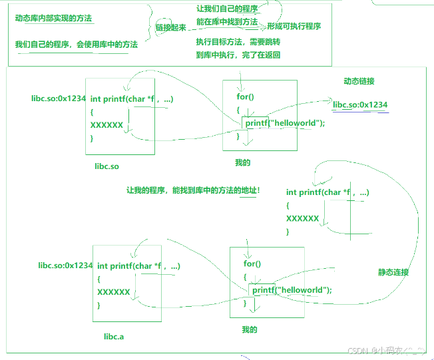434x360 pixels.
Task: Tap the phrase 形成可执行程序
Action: click(294, 26)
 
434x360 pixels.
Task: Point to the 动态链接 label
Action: click(359, 81)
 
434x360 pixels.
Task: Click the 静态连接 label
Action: click(393, 272)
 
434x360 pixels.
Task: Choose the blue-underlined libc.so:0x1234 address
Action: click(360, 104)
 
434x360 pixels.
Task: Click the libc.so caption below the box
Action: click(107, 166)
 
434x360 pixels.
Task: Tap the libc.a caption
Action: click(114, 336)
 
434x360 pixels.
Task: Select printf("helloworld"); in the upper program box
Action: click(285, 123)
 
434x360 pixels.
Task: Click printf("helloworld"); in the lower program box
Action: click(292, 290)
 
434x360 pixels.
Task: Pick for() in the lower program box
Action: click(252, 264)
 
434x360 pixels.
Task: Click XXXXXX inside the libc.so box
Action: click(107, 124)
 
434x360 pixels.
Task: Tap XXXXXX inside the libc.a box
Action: click(113, 291)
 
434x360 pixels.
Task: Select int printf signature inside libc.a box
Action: click(138, 266)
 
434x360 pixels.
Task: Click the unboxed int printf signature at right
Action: click(327, 192)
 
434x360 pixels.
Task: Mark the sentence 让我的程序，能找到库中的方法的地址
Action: click(193, 190)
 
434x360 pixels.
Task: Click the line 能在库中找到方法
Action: click(227, 22)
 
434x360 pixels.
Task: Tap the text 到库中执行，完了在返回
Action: click(238, 55)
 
